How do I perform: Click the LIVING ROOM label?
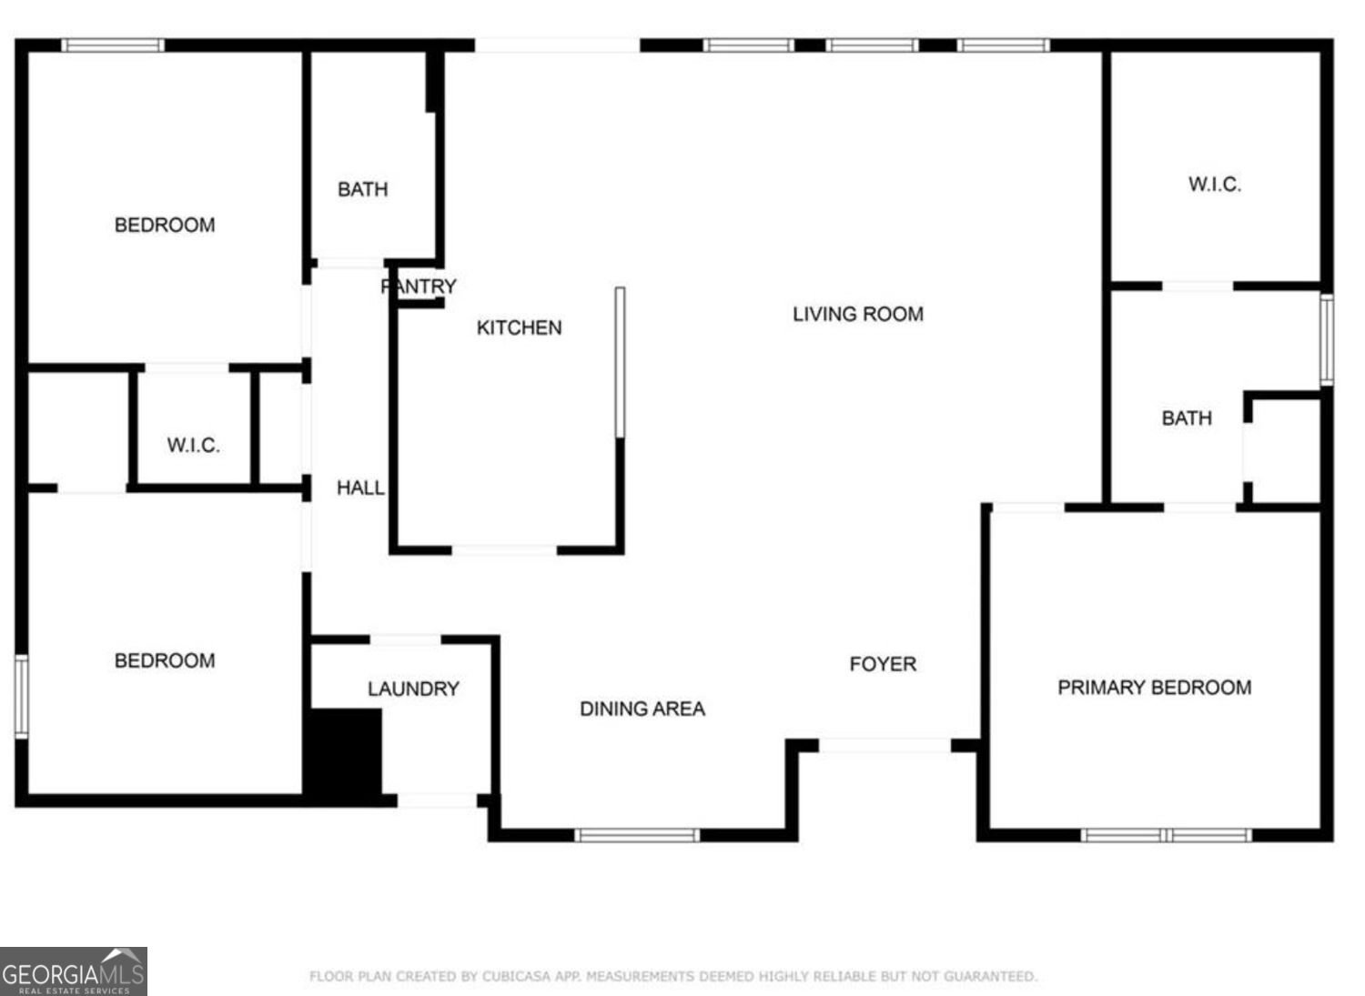click(x=857, y=315)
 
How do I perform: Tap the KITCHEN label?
click(x=519, y=327)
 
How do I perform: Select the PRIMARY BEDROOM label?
click(x=1154, y=688)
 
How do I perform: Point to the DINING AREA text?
click(x=642, y=709)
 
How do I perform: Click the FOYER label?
click(x=883, y=664)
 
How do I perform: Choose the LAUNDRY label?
click(x=413, y=689)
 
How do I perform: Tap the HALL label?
click(x=360, y=488)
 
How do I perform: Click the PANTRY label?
click(x=419, y=287)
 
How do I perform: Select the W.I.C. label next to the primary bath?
click(x=1214, y=185)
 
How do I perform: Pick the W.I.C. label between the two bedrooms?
click(x=193, y=446)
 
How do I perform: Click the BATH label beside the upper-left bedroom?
click(x=362, y=189)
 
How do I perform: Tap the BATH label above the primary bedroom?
click(x=1187, y=418)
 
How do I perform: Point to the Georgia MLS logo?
click(x=73, y=971)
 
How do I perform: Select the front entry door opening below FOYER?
click(x=885, y=746)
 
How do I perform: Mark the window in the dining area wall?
click(x=637, y=835)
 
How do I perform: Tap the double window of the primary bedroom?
click(x=1167, y=835)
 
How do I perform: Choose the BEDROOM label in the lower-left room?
click(x=165, y=661)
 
